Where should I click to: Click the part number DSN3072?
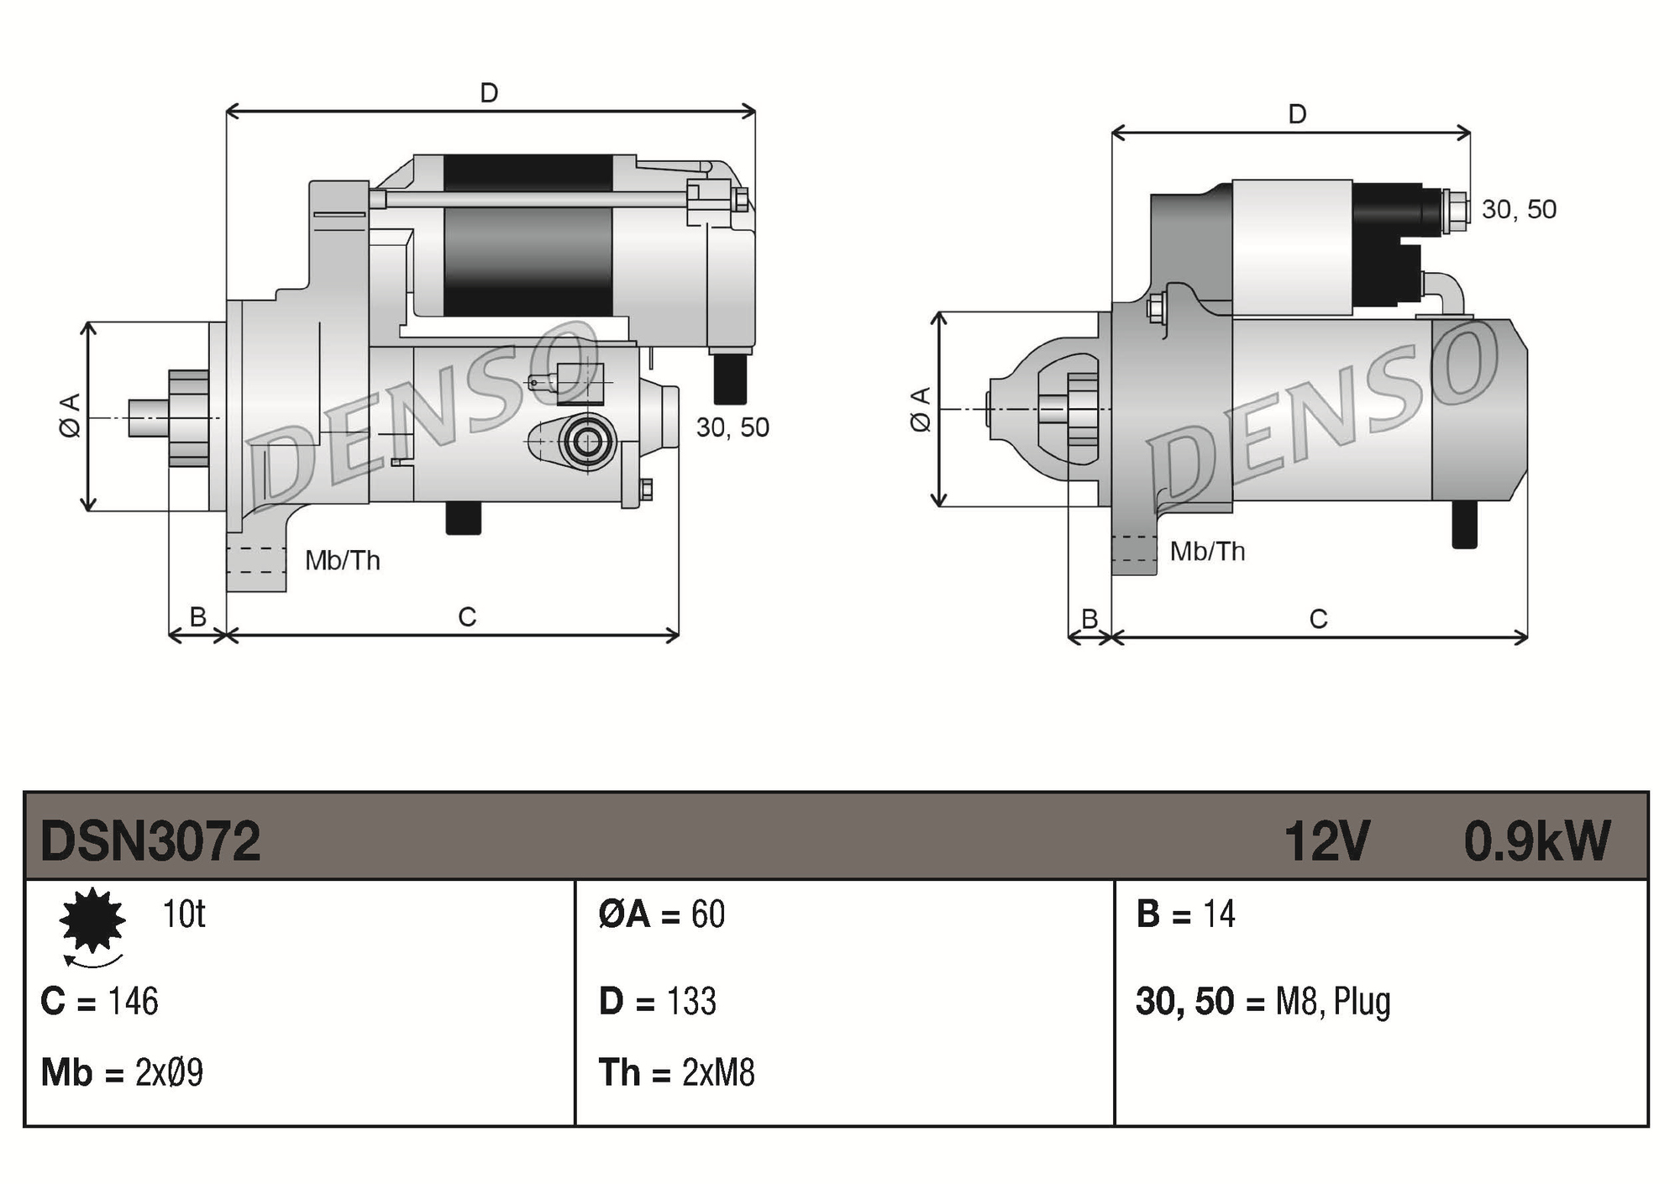tap(150, 841)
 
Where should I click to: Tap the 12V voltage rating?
tap(1326, 841)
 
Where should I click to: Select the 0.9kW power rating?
tap(1536, 841)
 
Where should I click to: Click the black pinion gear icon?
tap(92, 920)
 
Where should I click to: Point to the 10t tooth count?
tap(183, 914)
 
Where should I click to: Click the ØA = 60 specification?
tap(662, 914)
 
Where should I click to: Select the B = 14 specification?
tap(1185, 914)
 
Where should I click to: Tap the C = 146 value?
tap(99, 1001)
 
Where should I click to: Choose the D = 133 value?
tap(658, 1001)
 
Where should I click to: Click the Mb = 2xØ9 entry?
tap(122, 1072)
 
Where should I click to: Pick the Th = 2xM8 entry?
tap(676, 1072)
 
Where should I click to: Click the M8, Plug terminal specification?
tap(1332, 1001)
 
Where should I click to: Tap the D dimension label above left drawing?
tap(489, 92)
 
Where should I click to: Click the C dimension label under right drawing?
tap(1318, 619)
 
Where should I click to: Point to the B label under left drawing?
tap(197, 617)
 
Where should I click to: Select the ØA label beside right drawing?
tap(921, 409)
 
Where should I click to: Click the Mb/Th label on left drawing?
tap(342, 560)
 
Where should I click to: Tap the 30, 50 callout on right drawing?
tap(1519, 209)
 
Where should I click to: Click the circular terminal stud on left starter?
tap(586, 441)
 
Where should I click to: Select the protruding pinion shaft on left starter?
tap(148, 418)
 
